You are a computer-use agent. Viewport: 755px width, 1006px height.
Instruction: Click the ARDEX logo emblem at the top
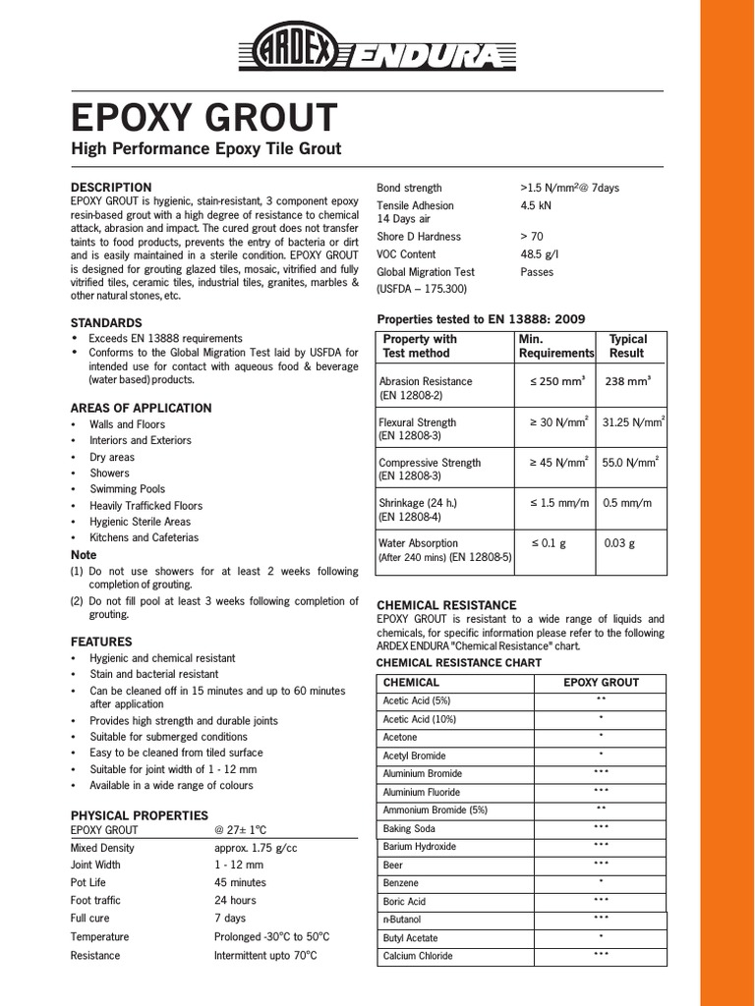click(295, 47)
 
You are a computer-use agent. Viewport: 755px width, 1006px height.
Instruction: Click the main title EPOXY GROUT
click(203, 119)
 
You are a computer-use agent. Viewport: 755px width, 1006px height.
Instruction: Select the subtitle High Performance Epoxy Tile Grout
click(205, 149)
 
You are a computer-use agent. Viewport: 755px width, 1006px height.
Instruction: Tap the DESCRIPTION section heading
click(111, 187)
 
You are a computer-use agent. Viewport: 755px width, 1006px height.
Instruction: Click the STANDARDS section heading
click(106, 322)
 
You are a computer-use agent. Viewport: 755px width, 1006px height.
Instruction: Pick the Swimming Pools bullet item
click(128, 489)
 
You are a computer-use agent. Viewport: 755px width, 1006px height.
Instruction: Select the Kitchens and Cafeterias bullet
click(144, 537)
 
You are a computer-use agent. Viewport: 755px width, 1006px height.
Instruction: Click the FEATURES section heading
click(101, 642)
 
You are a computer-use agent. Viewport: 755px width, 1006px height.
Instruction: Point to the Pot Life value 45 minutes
click(241, 883)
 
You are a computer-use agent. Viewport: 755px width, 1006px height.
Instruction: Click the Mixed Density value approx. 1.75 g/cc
click(257, 848)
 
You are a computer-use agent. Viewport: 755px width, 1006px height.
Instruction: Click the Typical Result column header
click(628, 346)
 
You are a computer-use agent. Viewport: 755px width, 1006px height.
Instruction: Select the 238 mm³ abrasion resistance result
click(629, 381)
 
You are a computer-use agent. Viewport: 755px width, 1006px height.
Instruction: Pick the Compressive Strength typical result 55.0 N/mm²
click(629, 463)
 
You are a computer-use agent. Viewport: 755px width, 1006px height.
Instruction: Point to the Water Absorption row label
click(419, 542)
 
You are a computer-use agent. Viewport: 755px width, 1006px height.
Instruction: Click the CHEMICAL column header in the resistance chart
click(411, 682)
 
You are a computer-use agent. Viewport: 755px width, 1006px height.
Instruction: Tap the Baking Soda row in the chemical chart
click(410, 829)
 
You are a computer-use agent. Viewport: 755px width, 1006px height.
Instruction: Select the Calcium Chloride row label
click(418, 956)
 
